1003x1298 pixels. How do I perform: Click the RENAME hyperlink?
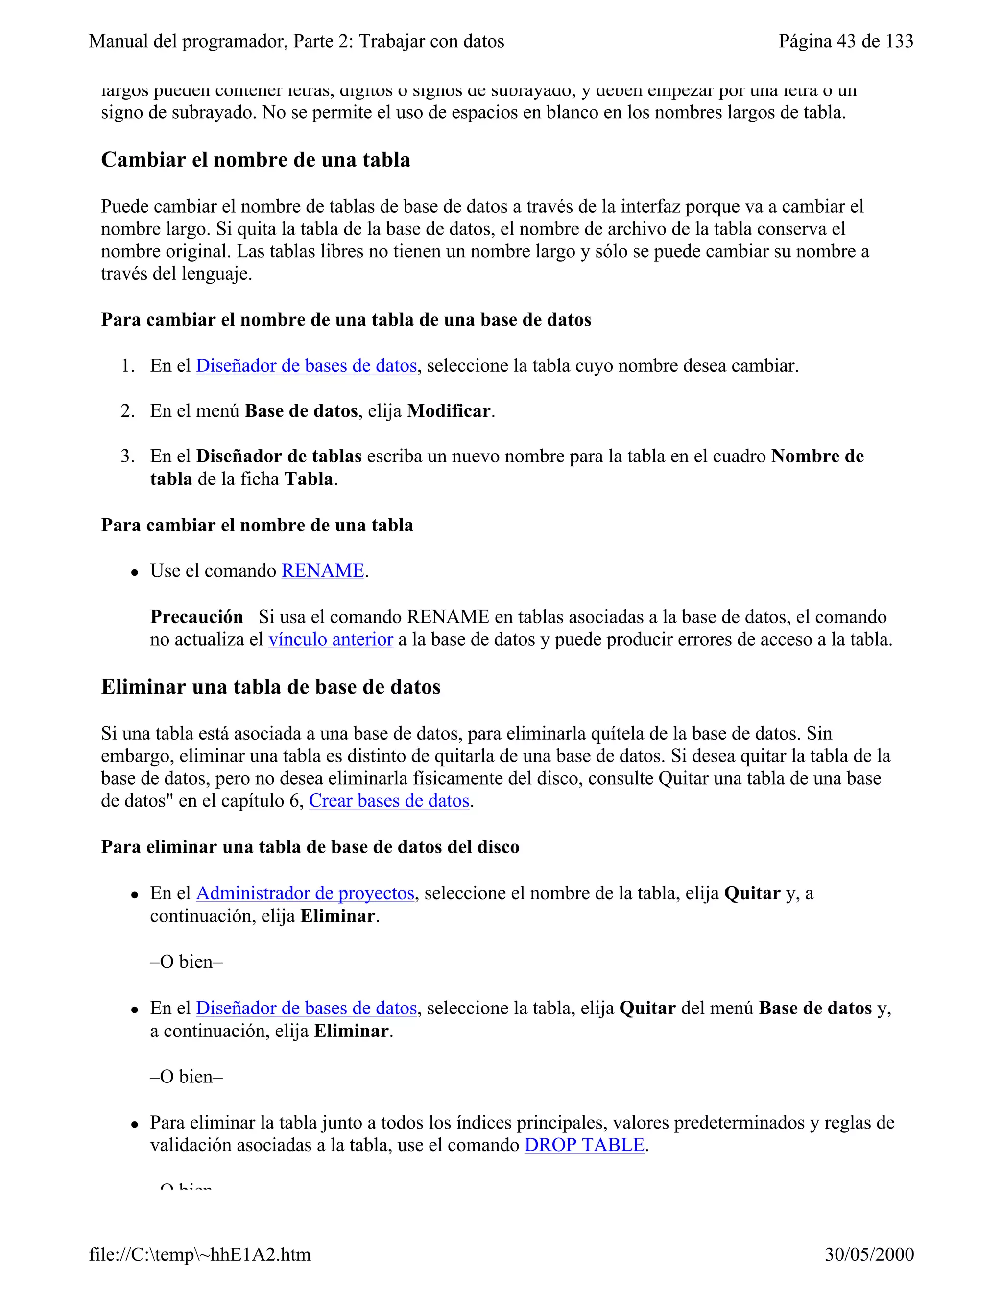(322, 571)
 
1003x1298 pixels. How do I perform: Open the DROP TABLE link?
(584, 1145)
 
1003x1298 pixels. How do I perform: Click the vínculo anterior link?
(331, 640)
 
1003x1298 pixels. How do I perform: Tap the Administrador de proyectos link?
(305, 893)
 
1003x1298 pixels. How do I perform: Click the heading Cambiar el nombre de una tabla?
(256, 160)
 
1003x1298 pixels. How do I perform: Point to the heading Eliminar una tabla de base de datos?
(270, 687)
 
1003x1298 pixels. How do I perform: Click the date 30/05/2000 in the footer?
(869, 1254)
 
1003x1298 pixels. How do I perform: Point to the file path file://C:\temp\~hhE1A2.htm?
(200, 1254)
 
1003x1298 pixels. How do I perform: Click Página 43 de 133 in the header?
(845, 41)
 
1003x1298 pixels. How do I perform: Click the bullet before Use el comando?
(136, 572)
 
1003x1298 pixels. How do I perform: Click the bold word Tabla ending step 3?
(309, 479)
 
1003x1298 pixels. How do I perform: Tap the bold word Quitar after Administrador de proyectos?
(752, 893)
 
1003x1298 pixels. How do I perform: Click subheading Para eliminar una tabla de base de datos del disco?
(310, 847)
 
